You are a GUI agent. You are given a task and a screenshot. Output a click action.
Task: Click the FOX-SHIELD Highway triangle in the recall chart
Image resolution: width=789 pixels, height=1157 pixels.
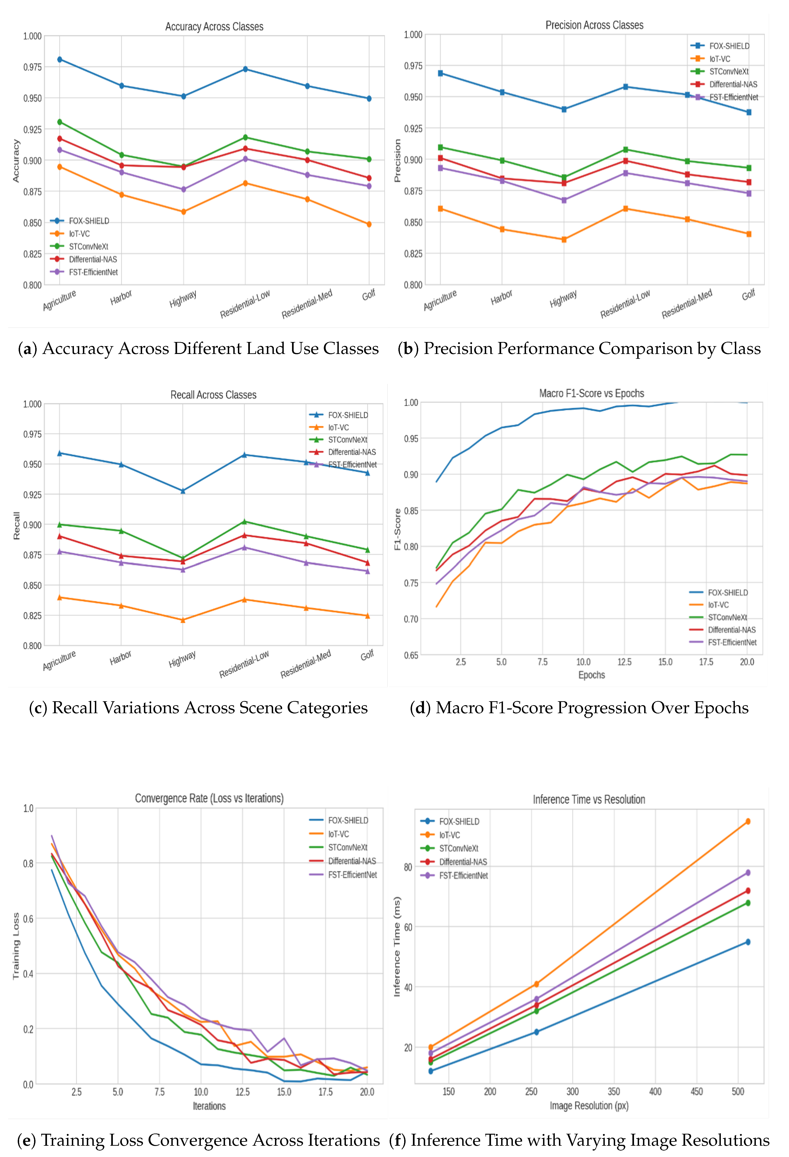point(183,491)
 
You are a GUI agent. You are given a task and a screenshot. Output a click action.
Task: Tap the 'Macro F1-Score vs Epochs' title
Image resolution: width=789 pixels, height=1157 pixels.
point(591,393)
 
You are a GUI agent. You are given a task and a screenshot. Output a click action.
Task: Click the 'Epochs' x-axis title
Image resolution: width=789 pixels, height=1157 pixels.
point(591,675)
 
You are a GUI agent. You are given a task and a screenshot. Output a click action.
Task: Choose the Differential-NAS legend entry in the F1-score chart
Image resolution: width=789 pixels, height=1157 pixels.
point(731,630)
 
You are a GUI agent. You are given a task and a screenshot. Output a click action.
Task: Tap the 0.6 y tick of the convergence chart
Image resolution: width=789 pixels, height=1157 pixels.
point(28,919)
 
